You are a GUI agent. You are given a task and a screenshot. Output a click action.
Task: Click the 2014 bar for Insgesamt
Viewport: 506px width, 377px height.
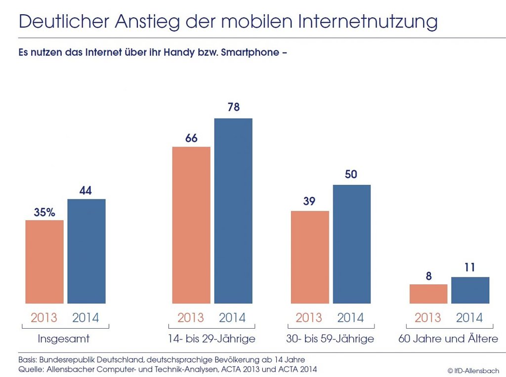click(86, 251)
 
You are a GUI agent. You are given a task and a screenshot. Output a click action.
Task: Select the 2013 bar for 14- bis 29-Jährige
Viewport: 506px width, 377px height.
click(191, 225)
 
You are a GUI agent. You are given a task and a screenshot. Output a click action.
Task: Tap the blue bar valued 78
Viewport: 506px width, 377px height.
click(233, 211)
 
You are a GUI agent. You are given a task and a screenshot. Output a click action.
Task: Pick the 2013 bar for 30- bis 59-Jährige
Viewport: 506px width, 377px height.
click(310, 257)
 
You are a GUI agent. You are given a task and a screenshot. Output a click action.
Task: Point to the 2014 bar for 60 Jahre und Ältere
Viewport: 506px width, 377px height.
click(470, 290)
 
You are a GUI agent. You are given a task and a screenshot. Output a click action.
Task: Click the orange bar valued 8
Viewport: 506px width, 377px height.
click(428, 294)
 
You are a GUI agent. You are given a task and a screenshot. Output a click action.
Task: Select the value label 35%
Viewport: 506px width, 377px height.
click(44, 212)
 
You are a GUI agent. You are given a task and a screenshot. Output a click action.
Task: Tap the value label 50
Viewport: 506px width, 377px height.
click(351, 175)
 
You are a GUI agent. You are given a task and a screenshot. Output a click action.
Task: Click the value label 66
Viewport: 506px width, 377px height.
click(191, 138)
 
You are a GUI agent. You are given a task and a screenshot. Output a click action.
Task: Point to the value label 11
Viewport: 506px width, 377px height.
click(470, 267)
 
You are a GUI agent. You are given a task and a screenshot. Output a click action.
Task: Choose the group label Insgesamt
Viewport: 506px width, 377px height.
click(64, 339)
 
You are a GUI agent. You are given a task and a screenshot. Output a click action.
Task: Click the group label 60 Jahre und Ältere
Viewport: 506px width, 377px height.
click(448, 339)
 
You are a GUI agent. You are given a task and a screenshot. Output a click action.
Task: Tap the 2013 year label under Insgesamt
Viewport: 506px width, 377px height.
click(44, 317)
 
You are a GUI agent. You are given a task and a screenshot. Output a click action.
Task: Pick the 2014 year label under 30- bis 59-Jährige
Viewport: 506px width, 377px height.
click(351, 317)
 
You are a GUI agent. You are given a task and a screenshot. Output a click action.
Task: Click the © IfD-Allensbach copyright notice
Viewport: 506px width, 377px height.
click(473, 371)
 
